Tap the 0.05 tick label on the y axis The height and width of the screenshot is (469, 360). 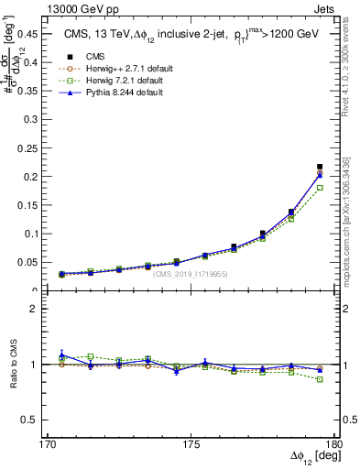pos(27,263)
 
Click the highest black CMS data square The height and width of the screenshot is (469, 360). pos(320,167)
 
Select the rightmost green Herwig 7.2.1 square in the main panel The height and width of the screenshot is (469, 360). pos(320,188)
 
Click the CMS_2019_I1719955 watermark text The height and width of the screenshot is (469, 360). pos(190,274)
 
